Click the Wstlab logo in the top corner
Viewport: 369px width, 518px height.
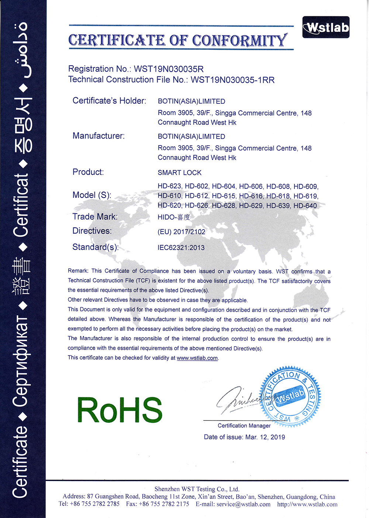point(326,27)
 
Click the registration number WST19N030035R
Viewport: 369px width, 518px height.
point(169,69)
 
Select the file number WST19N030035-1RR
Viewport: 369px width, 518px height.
point(232,80)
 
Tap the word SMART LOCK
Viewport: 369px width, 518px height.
point(180,173)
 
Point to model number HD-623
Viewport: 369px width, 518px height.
point(169,186)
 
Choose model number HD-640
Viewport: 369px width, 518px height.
point(305,206)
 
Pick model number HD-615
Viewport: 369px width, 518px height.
point(224,196)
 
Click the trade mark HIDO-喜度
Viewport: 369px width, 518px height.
point(174,217)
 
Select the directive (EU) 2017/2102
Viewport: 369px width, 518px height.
point(182,232)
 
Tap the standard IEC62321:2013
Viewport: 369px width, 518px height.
point(181,248)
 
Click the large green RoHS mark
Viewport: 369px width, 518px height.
point(120,410)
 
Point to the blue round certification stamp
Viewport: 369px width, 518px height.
point(290,396)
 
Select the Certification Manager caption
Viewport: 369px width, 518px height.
point(244,426)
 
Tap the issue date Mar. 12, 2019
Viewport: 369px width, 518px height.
point(265,437)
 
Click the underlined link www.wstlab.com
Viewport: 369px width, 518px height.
point(197,358)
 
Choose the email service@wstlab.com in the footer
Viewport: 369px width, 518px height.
point(244,504)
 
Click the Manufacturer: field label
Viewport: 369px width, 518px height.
point(99,136)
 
